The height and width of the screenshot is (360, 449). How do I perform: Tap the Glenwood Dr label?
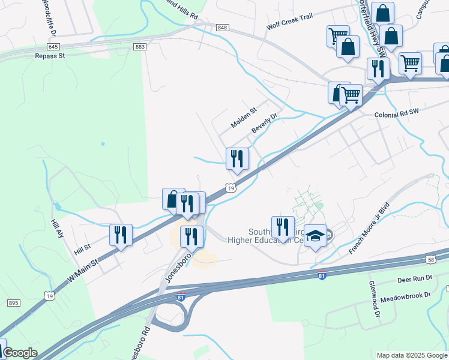[x=374, y=299]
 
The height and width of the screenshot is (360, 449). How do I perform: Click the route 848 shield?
[x=223, y=28]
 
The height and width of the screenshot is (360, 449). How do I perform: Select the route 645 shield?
[x=53, y=46]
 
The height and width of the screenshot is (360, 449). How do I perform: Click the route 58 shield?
[x=432, y=259]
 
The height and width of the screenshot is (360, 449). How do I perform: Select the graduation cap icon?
[x=315, y=237]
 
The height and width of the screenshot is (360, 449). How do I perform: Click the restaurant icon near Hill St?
[x=121, y=235]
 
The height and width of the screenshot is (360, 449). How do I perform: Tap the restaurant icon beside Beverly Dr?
[x=237, y=159]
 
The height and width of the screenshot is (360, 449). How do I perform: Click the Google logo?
[x=20, y=353]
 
